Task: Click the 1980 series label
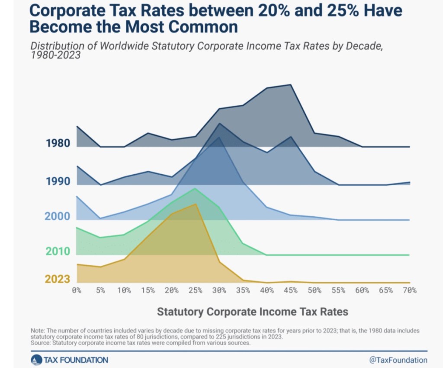tap(58, 143)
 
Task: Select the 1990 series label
tap(58, 181)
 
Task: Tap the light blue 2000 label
tap(58, 216)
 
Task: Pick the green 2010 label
tap(58, 251)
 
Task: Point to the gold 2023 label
tap(58, 279)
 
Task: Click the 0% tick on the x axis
tap(77, 290)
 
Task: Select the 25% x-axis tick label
tap(196, 290)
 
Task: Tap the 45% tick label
tap(291, 290)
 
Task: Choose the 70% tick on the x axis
tap(409, 290)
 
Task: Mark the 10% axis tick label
tap(124, 290)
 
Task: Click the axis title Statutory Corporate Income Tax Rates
tap(252, 311)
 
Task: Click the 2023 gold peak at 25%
tap(196, 204)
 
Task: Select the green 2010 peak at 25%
tap(196, 189)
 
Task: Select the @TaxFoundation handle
tap(398, 360)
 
